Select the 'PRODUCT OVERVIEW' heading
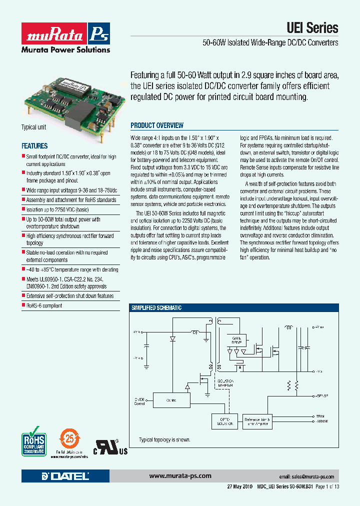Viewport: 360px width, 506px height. (x=157, y=125)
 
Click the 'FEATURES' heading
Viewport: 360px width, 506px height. (x=34, y=146)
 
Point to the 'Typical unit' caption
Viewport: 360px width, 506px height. (x=33, y=127)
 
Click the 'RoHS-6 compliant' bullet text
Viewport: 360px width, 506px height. (x=44, y=305)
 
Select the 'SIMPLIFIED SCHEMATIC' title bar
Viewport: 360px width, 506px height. (x=156, y=308)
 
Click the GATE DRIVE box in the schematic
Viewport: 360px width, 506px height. (x=236, y=340)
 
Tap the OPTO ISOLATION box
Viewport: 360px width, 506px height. (x=223, y=421)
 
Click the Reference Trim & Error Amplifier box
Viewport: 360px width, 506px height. (x=256, y=421)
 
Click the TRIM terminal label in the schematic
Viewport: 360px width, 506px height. (x=320, y=415)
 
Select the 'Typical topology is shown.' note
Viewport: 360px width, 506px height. (x=164, y=440)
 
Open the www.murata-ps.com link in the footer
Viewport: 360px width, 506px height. (x=180, y=476)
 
